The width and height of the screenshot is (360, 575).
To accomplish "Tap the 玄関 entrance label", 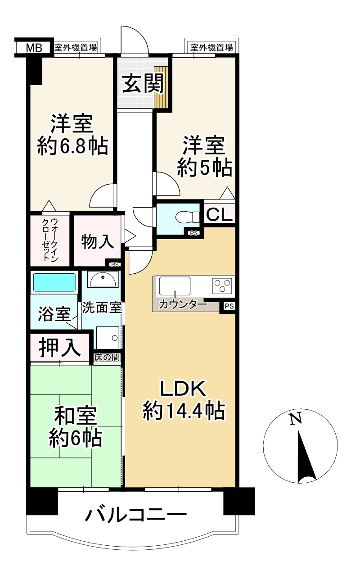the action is (x=143, y=83).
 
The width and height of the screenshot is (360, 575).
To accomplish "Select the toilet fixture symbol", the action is (x=187, y=217).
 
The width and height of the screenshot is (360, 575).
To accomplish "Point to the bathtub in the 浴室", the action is (x=54, y=282).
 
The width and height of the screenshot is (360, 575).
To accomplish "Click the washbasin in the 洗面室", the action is (x=103, y=279).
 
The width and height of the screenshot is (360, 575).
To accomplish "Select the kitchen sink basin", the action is (x=175, y=286).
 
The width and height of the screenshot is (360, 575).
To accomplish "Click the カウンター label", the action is (x=183, y=305).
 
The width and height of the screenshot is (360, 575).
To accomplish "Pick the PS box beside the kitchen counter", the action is (x=229, y=306).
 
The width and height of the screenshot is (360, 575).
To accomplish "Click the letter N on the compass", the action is (x=295, y=420).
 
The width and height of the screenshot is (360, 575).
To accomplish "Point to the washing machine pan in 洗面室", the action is (x=108, y=338).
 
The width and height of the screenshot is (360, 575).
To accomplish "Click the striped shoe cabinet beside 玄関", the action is (x=161, y=87).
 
